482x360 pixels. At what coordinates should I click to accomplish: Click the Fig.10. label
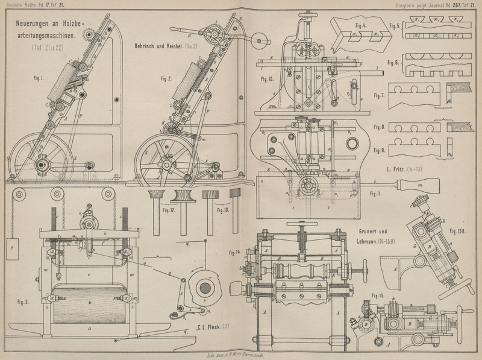click(x=266, y=78)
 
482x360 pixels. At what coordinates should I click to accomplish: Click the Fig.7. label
click(x=395, y=96)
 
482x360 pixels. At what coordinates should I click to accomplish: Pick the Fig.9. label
click(x=395, y=150)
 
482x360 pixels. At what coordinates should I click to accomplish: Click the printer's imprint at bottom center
click(x=241, y=356)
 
